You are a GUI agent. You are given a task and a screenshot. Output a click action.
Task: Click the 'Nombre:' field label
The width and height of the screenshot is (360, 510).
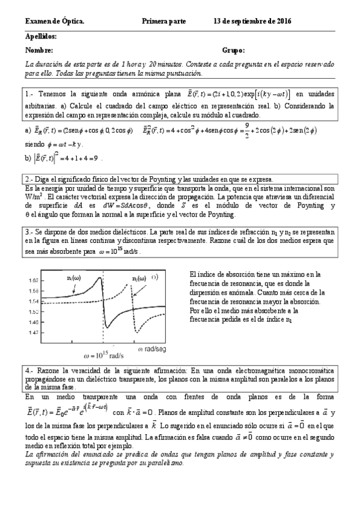click(x=40, y=51)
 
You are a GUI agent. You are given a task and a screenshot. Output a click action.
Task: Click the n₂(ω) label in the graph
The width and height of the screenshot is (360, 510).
click(x=140, y=278)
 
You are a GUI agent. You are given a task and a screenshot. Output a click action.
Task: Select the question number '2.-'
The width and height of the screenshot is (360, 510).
click(x=31, y=179)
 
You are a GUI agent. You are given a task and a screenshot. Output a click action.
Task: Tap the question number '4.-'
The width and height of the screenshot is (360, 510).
click(x=31, y=368)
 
